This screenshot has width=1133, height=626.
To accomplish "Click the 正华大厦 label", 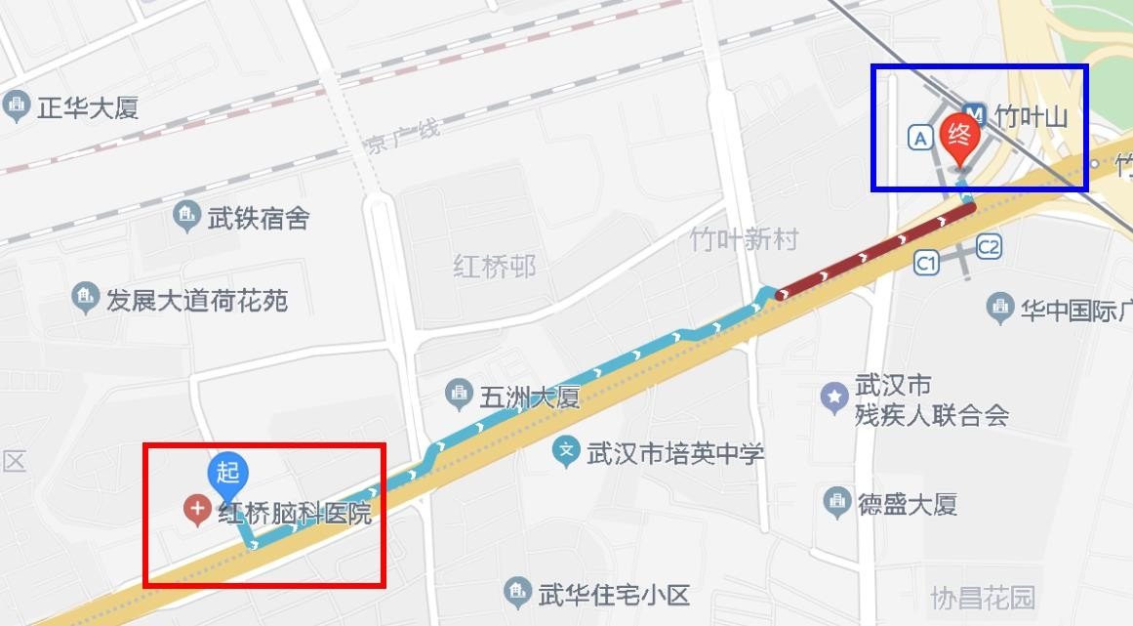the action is (x=87, y=106).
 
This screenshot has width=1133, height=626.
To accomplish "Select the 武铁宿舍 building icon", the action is (x=185, y=217).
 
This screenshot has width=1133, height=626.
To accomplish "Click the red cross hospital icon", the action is (x=198, y=508).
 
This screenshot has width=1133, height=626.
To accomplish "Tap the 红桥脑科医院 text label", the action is (x=295, y=513).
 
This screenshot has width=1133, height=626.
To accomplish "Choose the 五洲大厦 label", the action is (x=529, y=397).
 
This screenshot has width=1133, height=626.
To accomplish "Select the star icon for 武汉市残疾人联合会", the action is (x=834, y=396).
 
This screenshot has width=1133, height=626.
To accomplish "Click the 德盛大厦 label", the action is (x=907, y=504).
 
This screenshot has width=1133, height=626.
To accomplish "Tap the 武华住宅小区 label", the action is (x=614, y=593).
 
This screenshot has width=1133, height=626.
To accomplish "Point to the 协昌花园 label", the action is (x=982, y=597).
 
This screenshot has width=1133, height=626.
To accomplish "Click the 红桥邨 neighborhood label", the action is (x=495, y=266).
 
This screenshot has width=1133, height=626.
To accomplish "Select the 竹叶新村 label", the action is (x=744, y=239).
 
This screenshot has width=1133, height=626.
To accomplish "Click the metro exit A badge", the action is (x=919, y=138).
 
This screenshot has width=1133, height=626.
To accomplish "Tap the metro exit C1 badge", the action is (x=926, y=262).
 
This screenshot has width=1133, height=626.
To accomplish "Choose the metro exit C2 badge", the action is (x=989, y=247).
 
